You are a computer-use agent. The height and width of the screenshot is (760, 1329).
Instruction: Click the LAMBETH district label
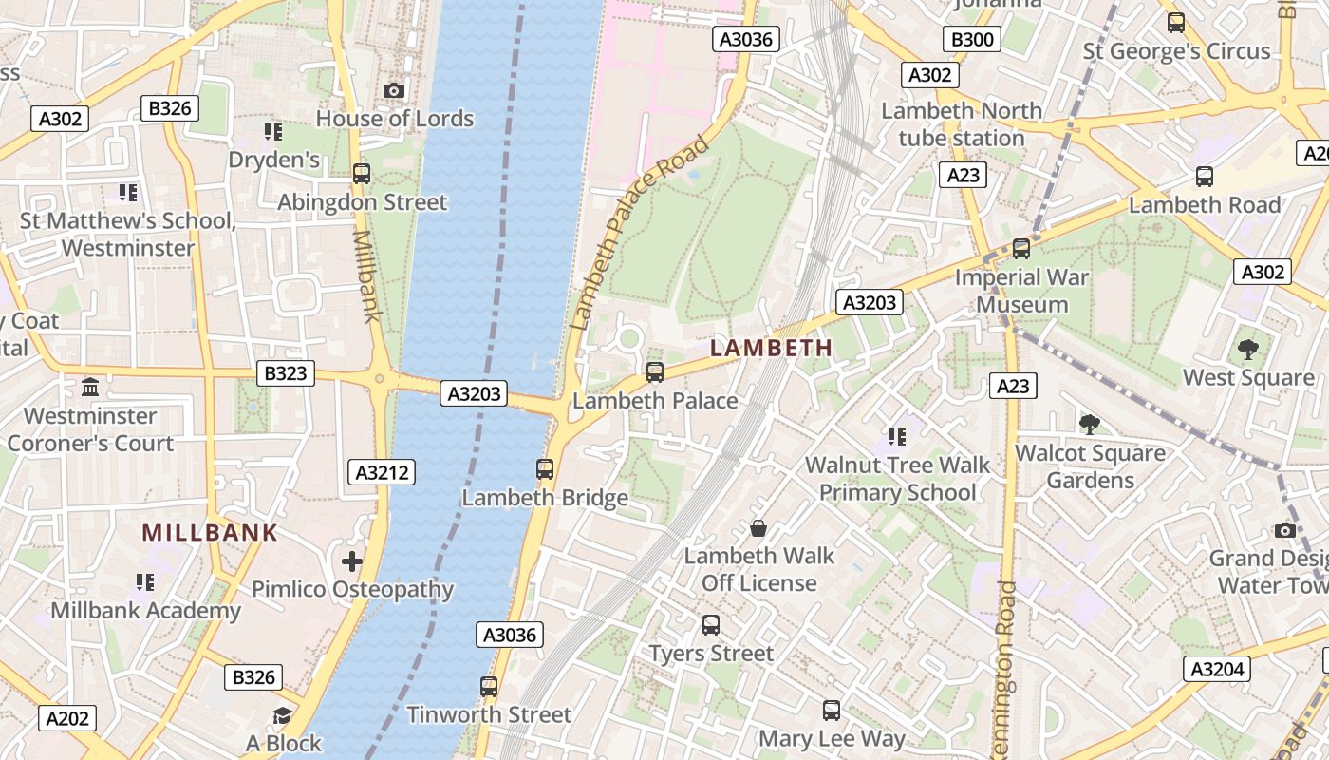point(771,348)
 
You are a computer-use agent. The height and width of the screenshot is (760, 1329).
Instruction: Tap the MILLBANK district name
point(210,533)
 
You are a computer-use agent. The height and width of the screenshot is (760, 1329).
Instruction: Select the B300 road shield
point(971,39)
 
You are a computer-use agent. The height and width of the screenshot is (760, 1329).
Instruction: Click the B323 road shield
point(286,373)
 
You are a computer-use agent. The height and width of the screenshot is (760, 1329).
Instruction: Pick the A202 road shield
point(67,718)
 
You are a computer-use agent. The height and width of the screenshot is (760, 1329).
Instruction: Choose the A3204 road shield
point(1216,669)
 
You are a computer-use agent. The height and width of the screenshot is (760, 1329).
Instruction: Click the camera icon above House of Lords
point(394,90)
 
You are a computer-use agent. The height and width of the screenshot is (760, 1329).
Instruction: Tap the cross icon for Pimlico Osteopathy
point(352,561)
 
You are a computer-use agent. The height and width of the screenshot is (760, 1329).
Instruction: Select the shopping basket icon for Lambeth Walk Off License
point(758,527)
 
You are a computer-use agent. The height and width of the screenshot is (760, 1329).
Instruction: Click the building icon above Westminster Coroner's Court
point(90,388)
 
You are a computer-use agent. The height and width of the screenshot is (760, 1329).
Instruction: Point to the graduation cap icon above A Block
point(282,715)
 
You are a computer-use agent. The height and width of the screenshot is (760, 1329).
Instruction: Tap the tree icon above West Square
point(1248,350)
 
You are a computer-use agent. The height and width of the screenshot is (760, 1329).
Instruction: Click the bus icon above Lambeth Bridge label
point(545,468)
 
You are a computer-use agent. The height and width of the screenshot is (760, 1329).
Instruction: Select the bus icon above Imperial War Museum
point(1021,249)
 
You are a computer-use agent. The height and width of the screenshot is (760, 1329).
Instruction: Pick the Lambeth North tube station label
point(962,124)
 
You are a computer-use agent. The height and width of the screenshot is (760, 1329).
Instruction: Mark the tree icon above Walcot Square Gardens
point(1090,424)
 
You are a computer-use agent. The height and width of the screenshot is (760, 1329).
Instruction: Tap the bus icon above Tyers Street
point(711,625)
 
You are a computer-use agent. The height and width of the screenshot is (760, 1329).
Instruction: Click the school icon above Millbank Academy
point(144,581)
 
